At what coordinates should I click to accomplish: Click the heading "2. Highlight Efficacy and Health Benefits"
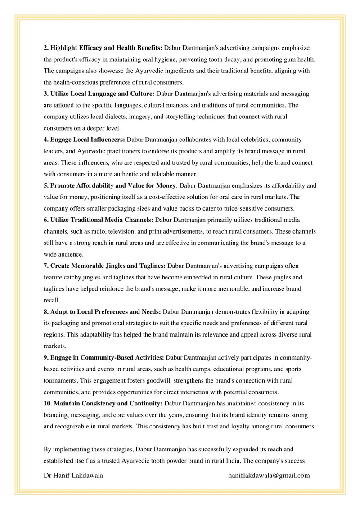103,47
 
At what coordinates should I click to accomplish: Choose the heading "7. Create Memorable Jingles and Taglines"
105,266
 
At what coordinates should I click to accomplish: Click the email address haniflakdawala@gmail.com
269,475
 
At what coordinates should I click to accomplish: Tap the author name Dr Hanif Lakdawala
74,475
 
